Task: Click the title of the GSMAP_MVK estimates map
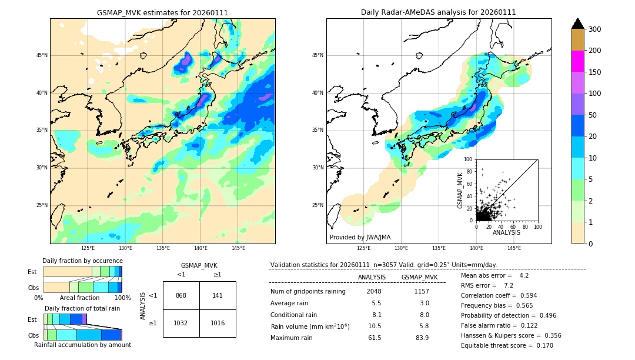click(x=162, y=12)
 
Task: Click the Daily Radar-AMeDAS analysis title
click(x=438, y=12)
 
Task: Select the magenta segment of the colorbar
click(x=577, y=61)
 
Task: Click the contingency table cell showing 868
click(x=181, y=295)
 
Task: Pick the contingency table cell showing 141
click(x=218, y=295)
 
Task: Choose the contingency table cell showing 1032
click(x=181, y=323)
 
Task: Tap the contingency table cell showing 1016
click(x=218, y=323)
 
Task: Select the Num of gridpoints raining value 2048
click(x=374, y=292)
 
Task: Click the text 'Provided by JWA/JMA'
click(x=360, y=238)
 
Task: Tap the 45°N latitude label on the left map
click(x=42, y=55)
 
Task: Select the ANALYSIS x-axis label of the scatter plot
click(x=506, y=232)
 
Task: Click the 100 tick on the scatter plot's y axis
click(x=468, y=159)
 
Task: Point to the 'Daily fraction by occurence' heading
click(x=82, y=261)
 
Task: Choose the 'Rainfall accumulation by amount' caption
click(x=82, y=345)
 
